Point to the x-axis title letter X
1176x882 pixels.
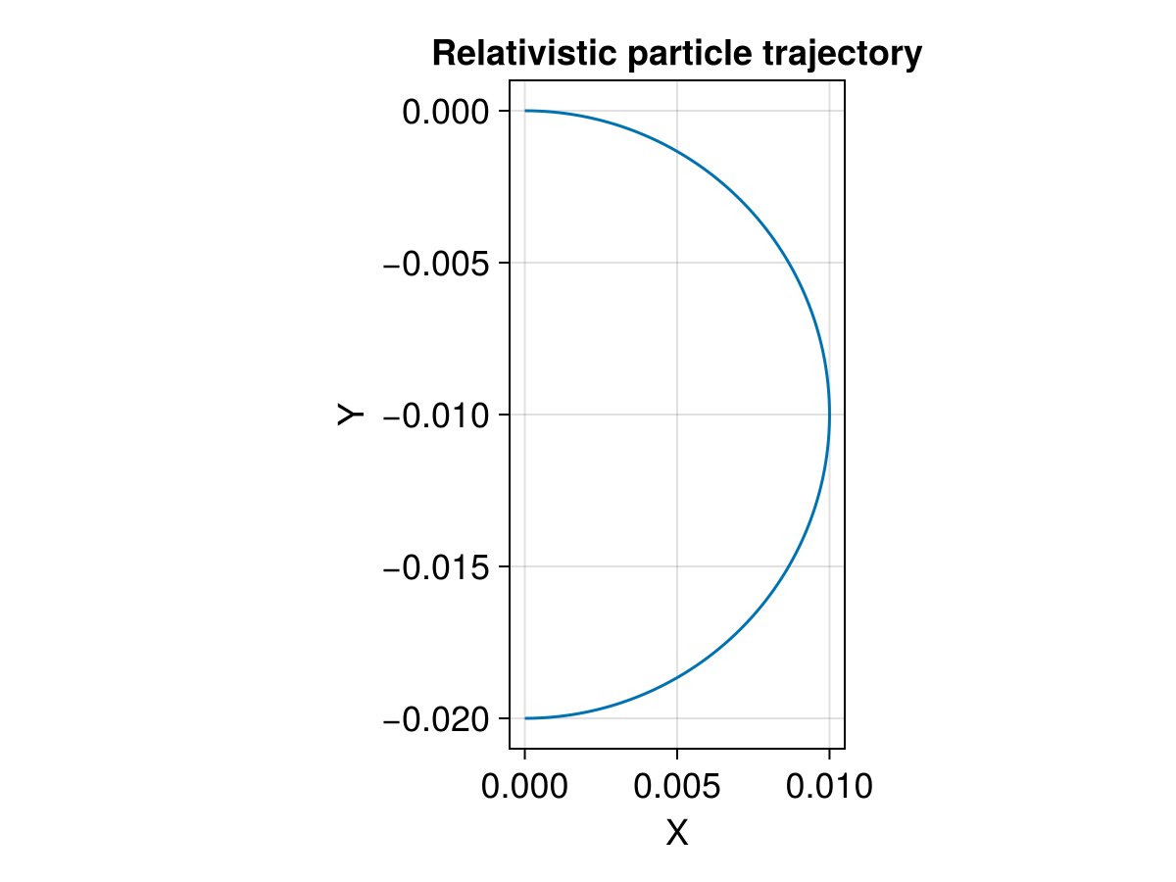click(677, 833)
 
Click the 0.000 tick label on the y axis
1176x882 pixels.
click(445, 112)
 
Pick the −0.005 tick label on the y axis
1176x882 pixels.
click(437, 264)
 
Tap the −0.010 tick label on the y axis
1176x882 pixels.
click(437, 416)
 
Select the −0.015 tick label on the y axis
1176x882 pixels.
click(437, 567)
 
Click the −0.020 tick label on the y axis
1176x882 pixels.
click(437, 719)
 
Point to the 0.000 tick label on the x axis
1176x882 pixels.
click(524, 786)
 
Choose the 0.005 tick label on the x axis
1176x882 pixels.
click(677, 786)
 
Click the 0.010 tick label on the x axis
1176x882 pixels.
click(829, 786)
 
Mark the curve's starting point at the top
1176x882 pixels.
click(525, 111)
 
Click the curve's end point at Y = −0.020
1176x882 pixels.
click(525, 718)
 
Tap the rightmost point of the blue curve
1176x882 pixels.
click(829, 415)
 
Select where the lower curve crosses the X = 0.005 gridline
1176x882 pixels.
click(677, 677)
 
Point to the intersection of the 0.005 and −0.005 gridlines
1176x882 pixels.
click(677, 263)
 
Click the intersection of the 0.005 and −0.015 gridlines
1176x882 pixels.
click(677, 566)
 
